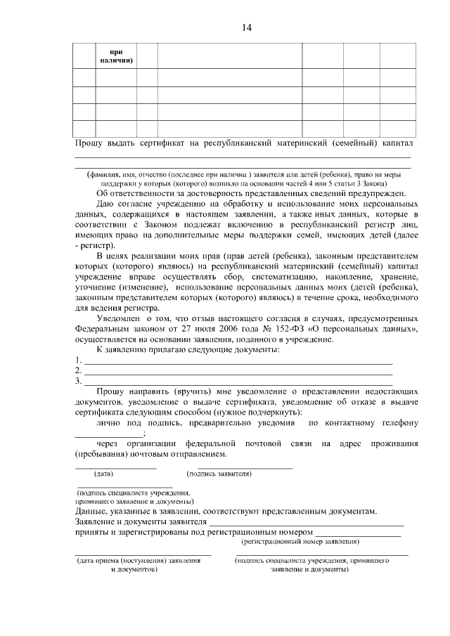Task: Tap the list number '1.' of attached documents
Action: (78, 361)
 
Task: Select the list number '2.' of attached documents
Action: (78, 371)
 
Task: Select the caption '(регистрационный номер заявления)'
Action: (300, 542)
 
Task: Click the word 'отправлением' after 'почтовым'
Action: (199, 454)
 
